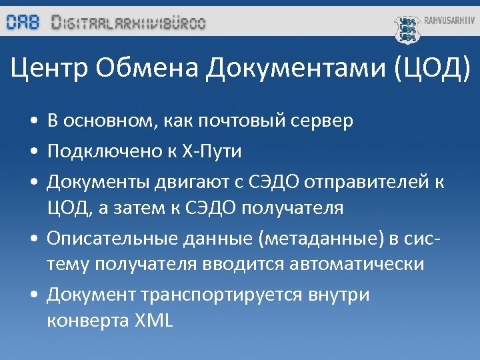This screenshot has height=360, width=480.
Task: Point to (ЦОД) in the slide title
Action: click(433, 68)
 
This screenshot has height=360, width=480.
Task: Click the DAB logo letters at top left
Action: click(23, 23)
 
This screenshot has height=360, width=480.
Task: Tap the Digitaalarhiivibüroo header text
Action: click(129, 23)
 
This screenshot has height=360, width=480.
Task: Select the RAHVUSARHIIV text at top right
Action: click(450, 21)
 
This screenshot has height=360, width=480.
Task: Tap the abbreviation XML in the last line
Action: click(153, 321)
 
